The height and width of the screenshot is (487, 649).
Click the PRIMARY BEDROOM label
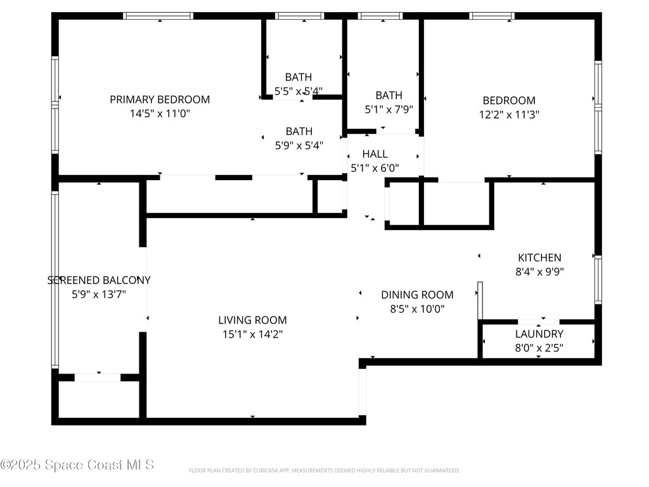(160, 100)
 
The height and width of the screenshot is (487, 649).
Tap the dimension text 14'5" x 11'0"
(160, 114)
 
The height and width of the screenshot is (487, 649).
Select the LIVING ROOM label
(252, 320)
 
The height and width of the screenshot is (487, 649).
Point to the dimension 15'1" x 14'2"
(252, 335)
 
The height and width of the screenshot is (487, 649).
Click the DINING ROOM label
(417, 294)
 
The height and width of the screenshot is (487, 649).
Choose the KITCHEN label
(539, 257)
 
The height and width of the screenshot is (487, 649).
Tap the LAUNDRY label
(539, 334)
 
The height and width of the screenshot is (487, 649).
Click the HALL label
(375, 154)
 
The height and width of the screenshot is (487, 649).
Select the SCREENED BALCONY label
(100, 280)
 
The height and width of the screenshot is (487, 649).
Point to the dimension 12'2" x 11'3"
(509, 115)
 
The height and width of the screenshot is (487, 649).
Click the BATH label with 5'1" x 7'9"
(389, 95)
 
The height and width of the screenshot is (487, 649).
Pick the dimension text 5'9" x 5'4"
(299, 145)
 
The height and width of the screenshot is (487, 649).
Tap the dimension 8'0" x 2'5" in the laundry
(539, 348)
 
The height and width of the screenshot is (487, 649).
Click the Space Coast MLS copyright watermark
(77, 465)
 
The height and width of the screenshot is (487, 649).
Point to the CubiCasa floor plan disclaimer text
(324, 471)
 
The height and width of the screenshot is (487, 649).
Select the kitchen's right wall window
(598, 280)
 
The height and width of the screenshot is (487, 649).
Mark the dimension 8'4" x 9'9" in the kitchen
(539, 272)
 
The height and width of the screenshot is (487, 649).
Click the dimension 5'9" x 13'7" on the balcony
(100, 294)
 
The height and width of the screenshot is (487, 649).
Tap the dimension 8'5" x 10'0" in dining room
(417, 309)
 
